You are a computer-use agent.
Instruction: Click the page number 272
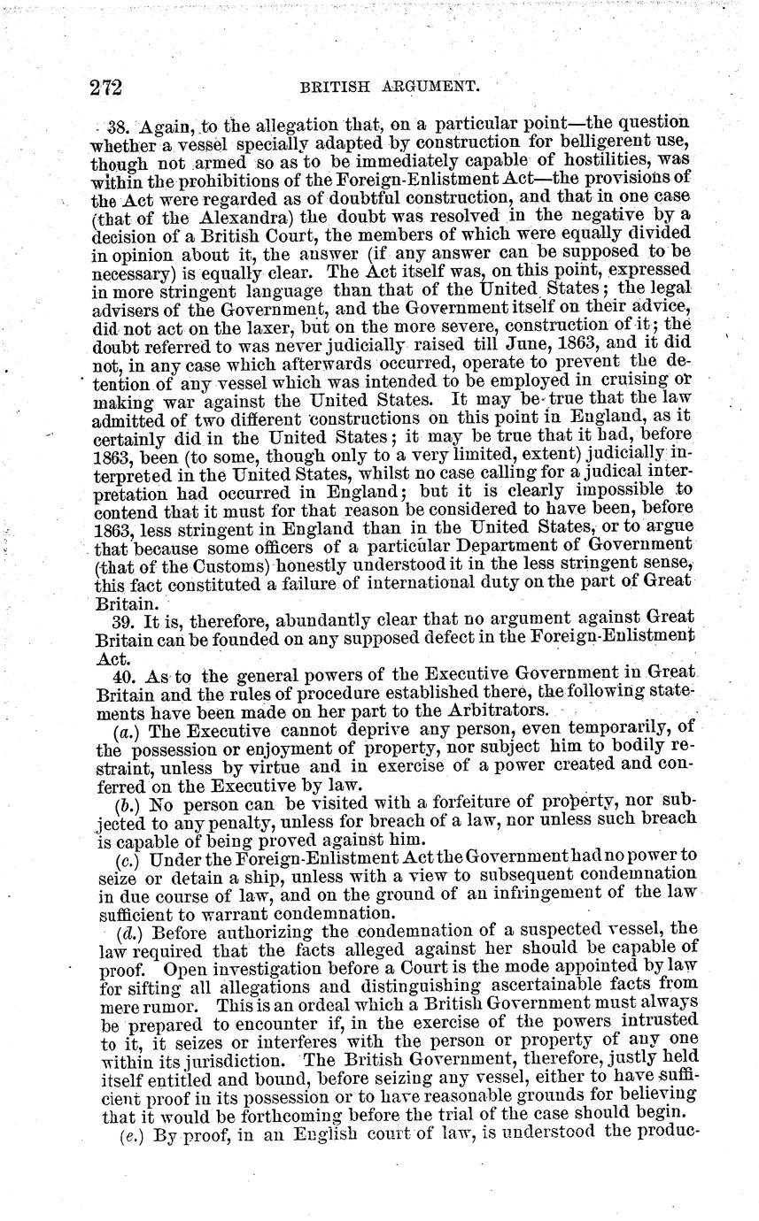point(105,87)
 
